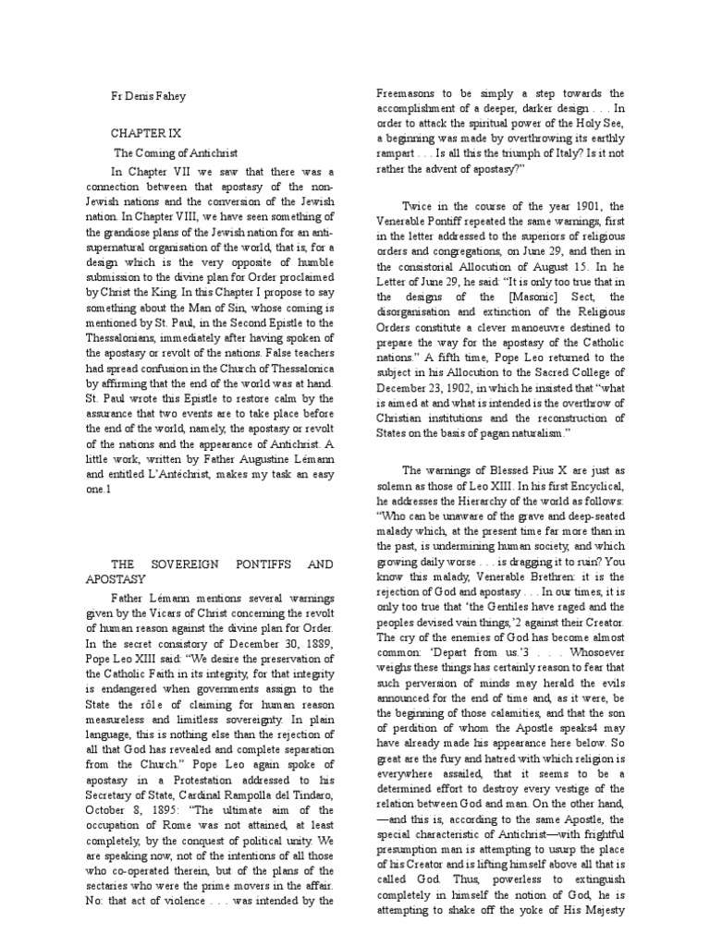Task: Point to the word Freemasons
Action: [x=414, y=93]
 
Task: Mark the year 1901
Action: [x=591, y=205]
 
